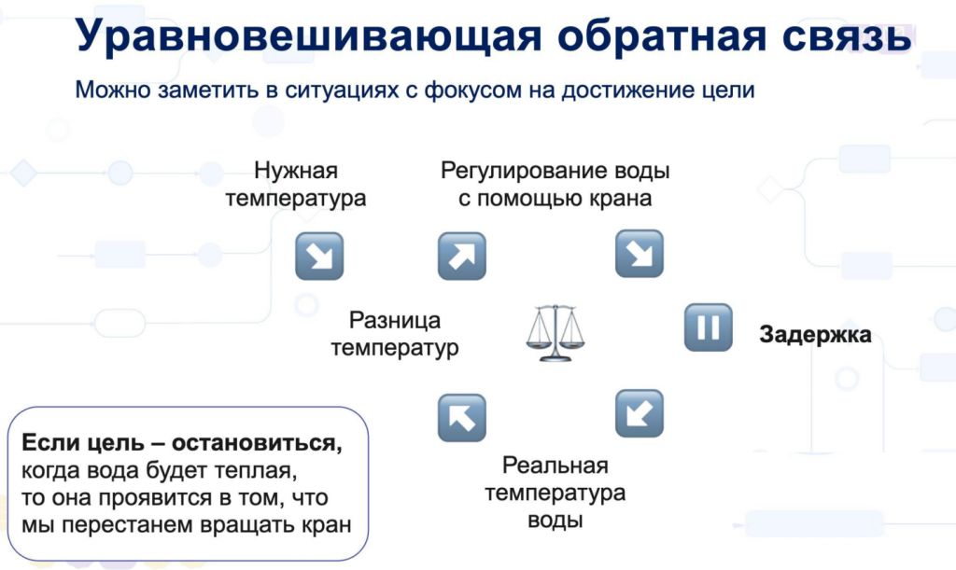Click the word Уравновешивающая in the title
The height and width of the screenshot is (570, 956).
pos(308,35)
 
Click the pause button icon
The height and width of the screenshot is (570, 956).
pos(708,327)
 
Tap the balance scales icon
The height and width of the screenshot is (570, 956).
pos(555,332)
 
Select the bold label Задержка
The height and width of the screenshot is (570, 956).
pos(815,334)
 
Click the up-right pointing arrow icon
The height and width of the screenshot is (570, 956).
pos(461,256)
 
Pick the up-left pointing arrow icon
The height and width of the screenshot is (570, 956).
pos(461,417)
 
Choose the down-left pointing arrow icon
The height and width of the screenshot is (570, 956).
pos(639,413)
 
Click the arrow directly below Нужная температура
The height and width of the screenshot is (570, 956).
pos(319,256)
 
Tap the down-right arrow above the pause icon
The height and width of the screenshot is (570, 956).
pos(639,254)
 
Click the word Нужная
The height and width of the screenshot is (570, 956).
pos(296,171)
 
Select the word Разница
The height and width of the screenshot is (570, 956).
pos(395,320)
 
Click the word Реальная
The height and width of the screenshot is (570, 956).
pos(555,466)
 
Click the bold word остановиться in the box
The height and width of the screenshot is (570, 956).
pos(257,443)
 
